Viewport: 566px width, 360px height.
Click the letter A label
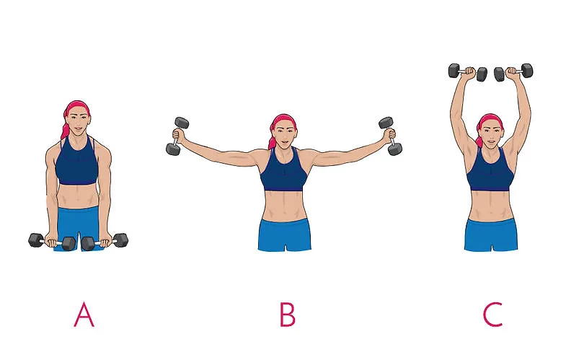[x=84, y=315]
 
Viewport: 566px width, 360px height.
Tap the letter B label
[x=288, y=315]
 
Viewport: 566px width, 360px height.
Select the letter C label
[x=492, y=315]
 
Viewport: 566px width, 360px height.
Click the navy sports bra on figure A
[x=76, y=162]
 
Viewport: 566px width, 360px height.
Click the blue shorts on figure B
[x=285, y=234]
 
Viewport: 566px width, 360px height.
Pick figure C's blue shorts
[x=491, y=234]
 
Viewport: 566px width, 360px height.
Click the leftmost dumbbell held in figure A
[x=52, y=242]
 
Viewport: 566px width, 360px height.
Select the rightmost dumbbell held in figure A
[x=105, y=242]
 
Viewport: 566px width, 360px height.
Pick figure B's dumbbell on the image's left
[x=177, y=136]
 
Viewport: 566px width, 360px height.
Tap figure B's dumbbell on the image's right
[x=390, y=136]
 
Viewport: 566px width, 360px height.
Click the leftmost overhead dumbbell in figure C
[x=468, y=72]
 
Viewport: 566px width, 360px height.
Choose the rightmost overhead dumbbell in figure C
[x=513, y=72]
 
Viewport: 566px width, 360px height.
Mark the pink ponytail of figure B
[x=271, y=138]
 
